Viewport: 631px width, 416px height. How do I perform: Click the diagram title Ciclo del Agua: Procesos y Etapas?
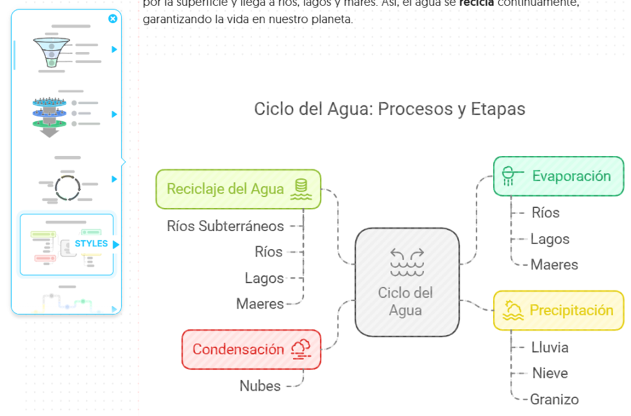click(389, 109)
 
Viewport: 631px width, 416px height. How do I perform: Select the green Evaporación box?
click(558, 176)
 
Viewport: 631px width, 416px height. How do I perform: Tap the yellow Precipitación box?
click(558, 310)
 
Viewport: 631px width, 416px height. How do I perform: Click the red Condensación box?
click(251, 349)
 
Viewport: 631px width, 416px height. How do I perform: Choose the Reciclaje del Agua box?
click(238, 189)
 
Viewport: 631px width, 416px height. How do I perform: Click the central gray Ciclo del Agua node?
click(407, 282)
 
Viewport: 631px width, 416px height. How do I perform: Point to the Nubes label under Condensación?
click(260, 386)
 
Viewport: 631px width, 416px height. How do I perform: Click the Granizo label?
click(555, 399)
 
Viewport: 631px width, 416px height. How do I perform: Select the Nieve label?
click(550, 373)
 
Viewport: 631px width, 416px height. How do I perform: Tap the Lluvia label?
click(550, 347)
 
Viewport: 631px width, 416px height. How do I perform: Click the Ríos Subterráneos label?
click(226, 226)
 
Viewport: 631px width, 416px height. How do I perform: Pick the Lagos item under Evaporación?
click(550, 239)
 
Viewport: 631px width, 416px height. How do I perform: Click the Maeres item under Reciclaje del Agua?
click(260, 304)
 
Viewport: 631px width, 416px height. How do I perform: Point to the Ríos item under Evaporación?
click(545, 213)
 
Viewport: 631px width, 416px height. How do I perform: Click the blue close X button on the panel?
click(113, 19)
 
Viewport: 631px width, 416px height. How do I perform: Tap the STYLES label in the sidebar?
click(91, 243)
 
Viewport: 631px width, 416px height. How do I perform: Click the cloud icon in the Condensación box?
click(301, 348)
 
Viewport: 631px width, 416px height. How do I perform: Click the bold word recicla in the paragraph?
click(476, 3)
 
